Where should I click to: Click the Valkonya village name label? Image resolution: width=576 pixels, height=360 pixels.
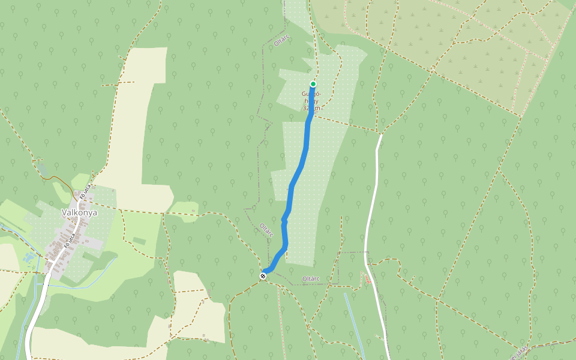(80, 212)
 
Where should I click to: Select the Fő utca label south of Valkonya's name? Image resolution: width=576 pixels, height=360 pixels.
(70, 241)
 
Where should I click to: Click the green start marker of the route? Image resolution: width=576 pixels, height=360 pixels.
(313, 84)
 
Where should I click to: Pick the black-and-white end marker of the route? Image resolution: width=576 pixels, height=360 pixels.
(263, 275)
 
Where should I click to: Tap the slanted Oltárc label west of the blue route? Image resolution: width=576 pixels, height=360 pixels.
(266, 229)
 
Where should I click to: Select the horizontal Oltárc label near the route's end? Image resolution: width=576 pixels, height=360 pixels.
(311, 278)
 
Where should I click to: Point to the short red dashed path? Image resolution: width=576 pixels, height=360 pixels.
(366, 278)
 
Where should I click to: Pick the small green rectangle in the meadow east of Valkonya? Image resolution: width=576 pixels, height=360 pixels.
(139, 241)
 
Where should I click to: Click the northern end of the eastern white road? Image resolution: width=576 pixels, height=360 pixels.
(380, 136)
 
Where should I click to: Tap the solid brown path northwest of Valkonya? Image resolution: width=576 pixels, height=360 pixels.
(57, 178)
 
